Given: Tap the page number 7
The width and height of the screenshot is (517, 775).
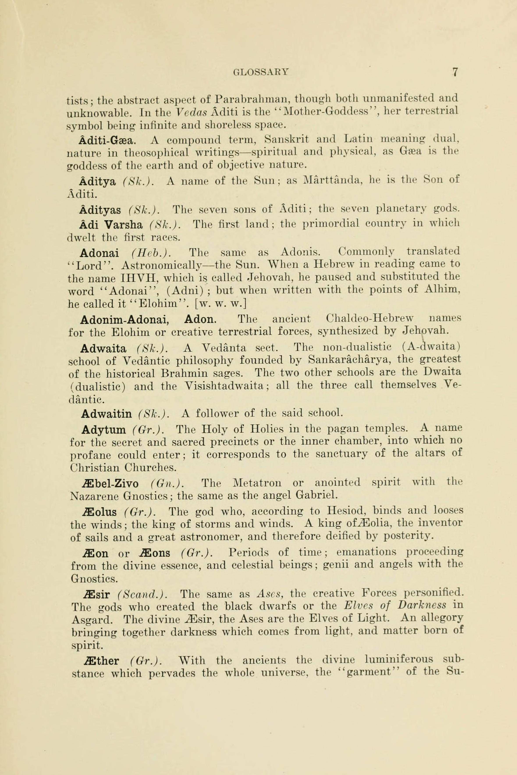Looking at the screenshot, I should [455, 72].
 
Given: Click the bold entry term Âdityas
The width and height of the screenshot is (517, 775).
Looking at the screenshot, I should [100, 209].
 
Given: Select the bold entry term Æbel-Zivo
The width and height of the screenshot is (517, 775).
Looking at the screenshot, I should [110, 483].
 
